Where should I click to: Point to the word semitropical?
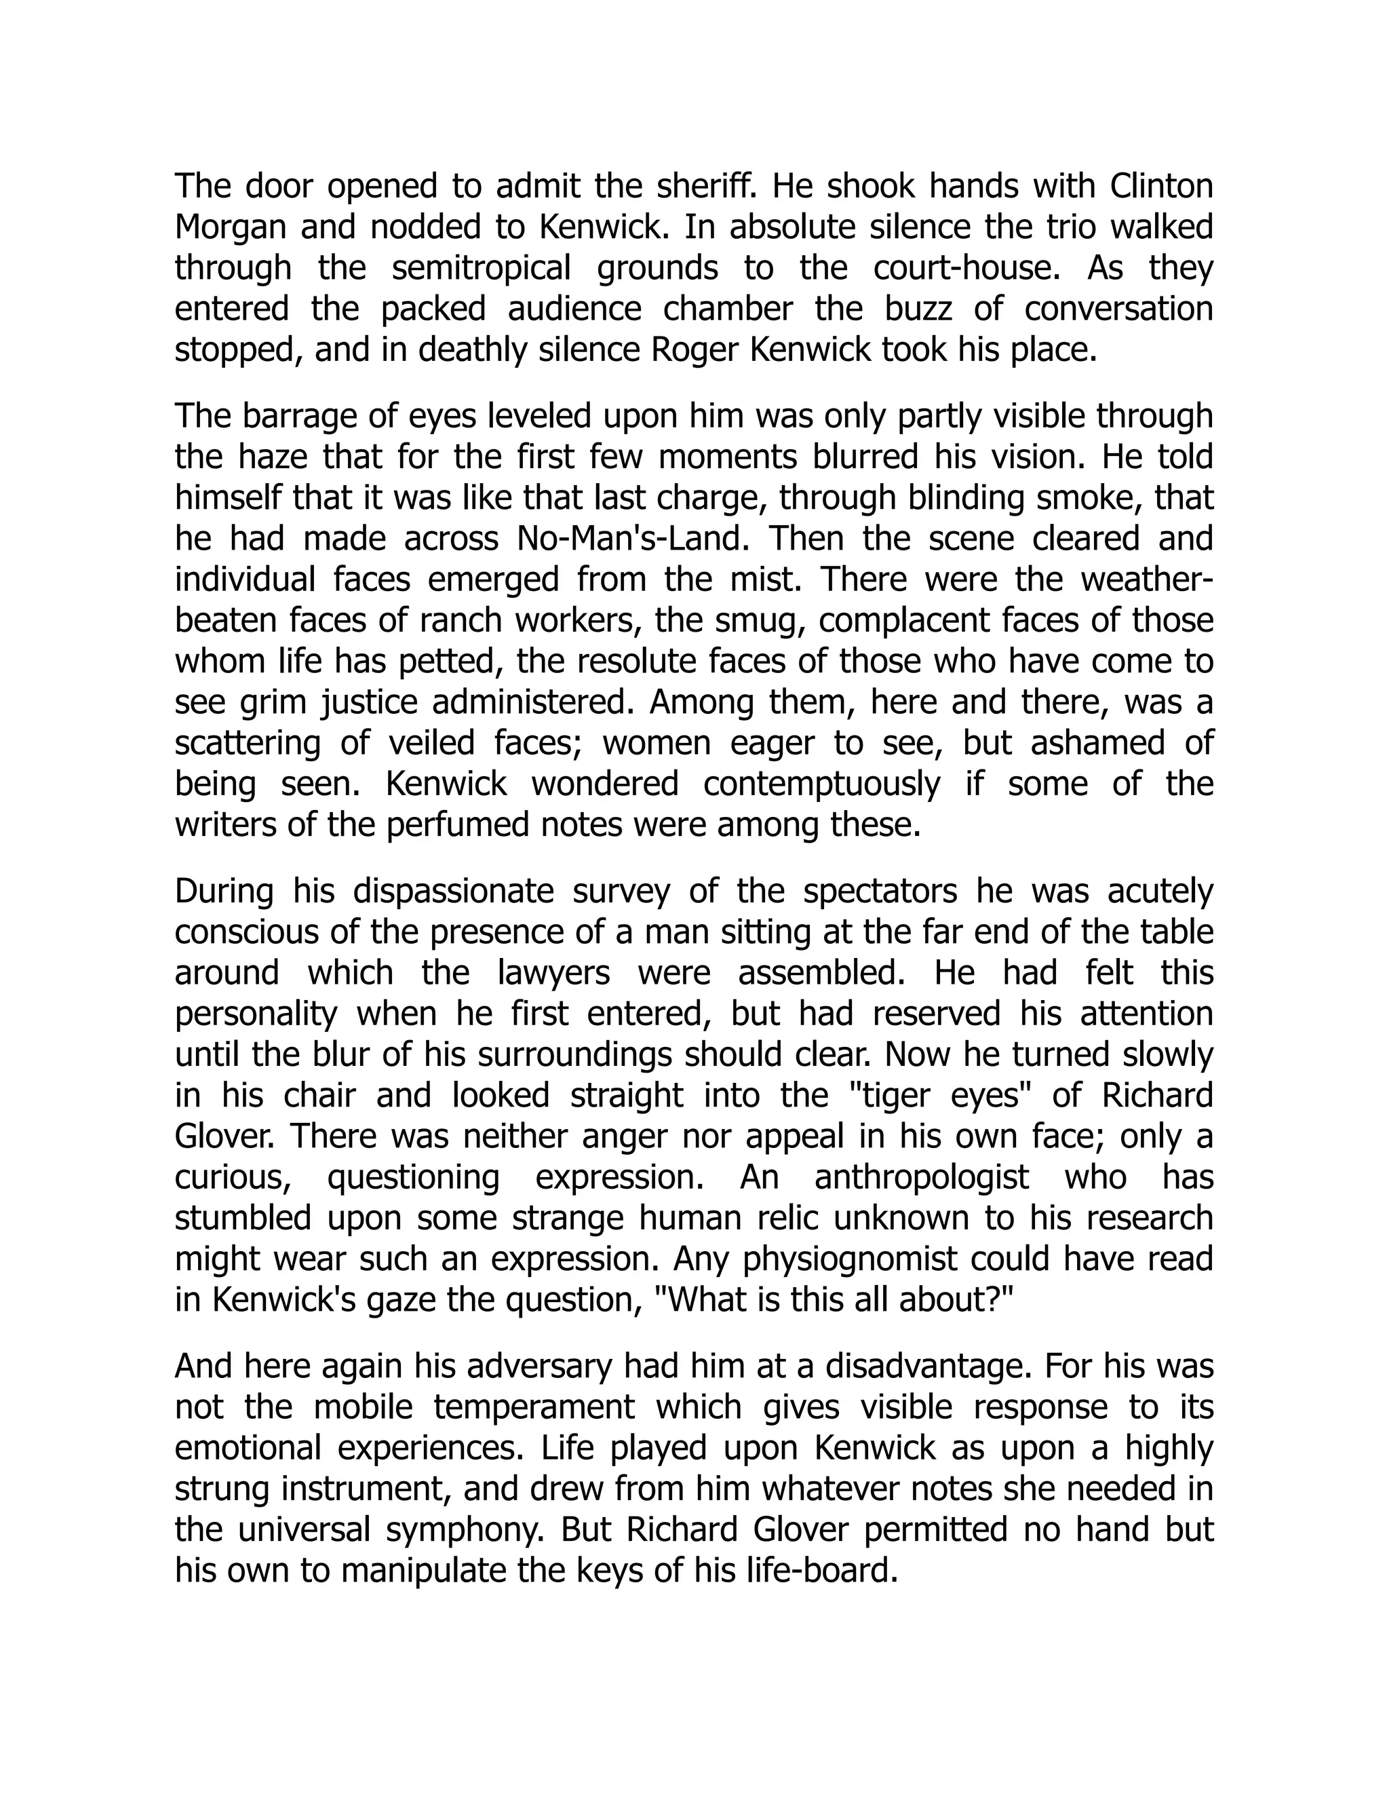(x=481, y=269)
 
